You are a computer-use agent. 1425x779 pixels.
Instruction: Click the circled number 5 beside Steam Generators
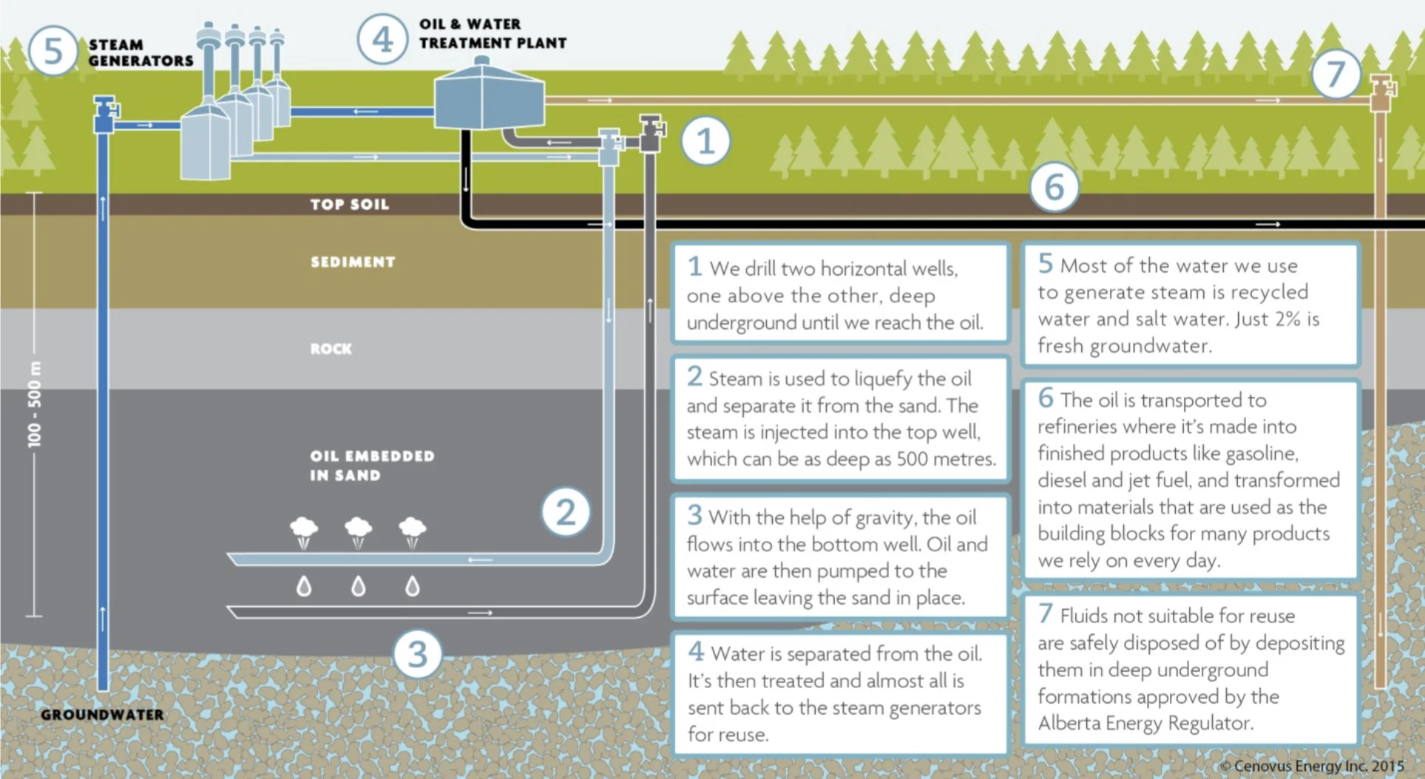pos(53,51)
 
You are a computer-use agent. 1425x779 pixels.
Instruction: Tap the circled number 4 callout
pos(382,39)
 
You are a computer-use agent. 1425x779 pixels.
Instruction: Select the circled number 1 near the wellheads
pos(705,140)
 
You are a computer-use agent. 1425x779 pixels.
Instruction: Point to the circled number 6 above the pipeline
pos(1054,187)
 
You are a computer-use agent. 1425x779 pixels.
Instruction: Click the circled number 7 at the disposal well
pos(1335,74)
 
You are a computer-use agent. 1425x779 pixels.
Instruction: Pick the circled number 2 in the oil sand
pos(565,512)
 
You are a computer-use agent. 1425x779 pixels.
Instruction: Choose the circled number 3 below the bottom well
pos(417,654)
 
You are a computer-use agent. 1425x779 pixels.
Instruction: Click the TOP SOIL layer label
pos(349,205)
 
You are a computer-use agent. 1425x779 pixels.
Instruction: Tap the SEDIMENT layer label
pos(353,262)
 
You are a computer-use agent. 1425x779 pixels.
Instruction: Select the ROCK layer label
pos(331,349)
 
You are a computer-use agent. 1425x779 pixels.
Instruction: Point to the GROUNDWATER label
pos(102,715)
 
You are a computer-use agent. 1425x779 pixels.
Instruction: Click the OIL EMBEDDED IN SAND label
pos(371,466)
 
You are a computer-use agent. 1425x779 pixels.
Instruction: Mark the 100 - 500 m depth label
pos(35,404)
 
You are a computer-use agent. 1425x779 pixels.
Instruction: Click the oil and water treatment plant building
pos(488,100)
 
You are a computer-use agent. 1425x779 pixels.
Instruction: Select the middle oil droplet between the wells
pos(358,586)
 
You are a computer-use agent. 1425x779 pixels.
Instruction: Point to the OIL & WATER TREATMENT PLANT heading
pos(492,34)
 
